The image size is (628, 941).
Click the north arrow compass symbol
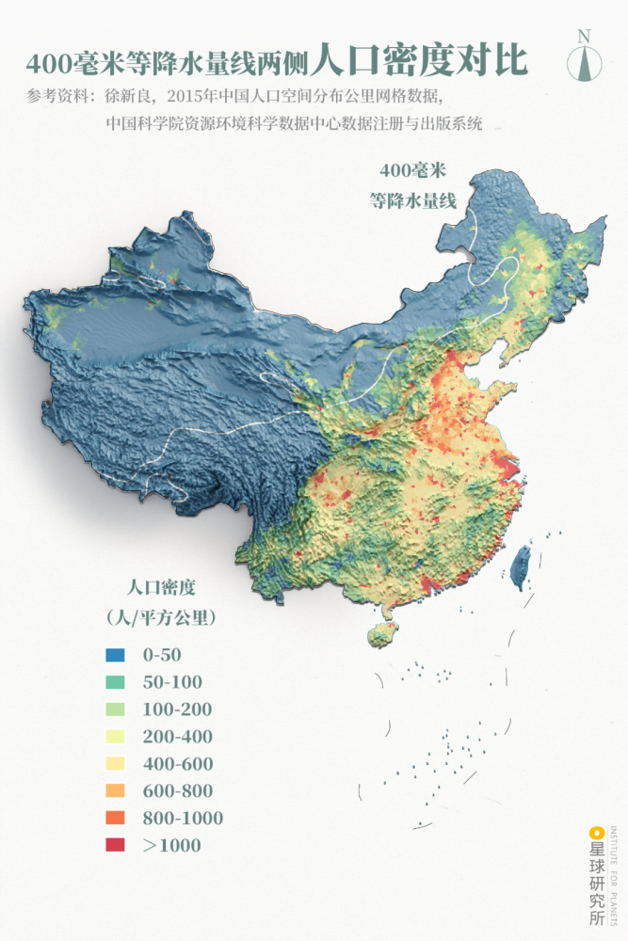[584, 65]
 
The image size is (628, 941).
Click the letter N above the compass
[584, 36]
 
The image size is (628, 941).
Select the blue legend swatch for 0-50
[115, 655]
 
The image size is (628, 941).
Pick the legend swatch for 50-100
[115, 682]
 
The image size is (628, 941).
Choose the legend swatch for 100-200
[115, 710]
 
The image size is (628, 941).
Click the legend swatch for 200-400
[115, 737]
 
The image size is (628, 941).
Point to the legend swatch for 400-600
[115, 764]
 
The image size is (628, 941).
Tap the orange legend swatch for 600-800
[115, 791]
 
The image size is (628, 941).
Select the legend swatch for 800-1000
[115, 819]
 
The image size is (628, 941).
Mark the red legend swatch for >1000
[115, 846]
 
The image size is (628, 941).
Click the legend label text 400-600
[178, 764]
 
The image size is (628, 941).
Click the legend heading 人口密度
[161, 588]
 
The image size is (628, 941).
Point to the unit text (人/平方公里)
[161, 618]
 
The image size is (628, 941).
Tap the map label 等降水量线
[412, 199]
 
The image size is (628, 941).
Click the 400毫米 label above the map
[412, 171]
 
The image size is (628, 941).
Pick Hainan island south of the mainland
[382, 634]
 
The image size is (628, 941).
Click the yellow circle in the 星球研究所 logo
[595, 832]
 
